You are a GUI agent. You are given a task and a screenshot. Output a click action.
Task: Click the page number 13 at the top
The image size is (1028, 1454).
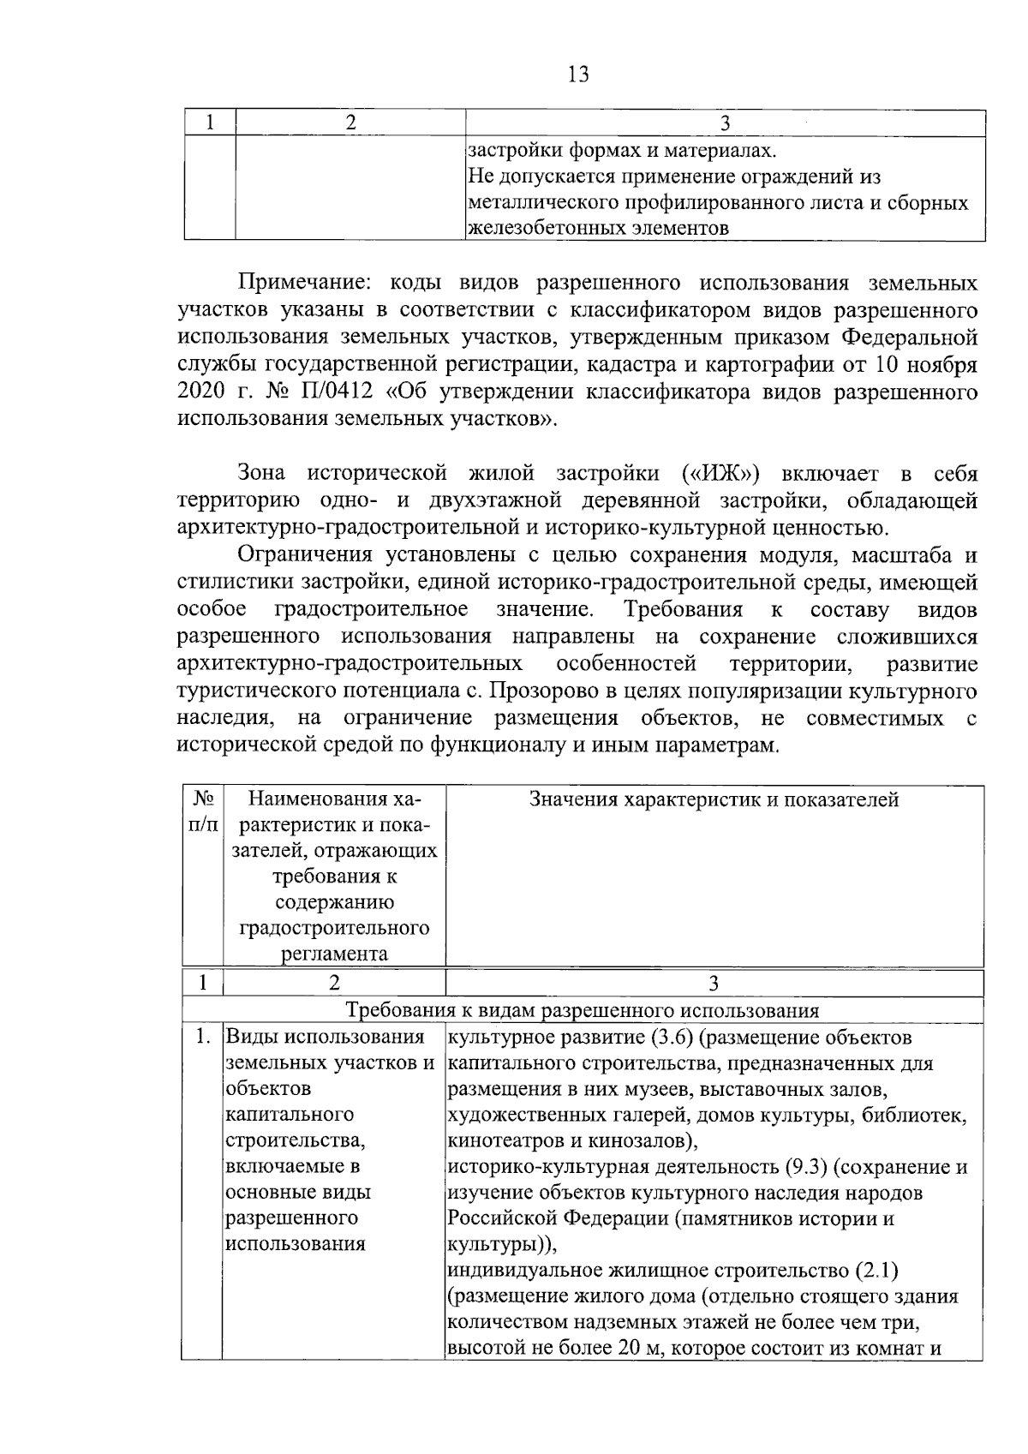coord(578,75)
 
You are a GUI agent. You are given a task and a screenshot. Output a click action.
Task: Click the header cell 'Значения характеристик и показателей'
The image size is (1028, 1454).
coord(714,800)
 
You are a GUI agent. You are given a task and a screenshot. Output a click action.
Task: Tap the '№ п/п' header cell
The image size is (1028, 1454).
coord(202,812)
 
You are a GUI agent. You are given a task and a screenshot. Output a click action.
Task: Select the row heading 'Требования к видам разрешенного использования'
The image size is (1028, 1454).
coord(582,1010)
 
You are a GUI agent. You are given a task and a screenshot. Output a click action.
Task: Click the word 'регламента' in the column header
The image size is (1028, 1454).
coord(333,954)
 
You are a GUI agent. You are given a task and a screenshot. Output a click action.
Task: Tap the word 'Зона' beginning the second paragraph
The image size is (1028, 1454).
coord(265,474)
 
